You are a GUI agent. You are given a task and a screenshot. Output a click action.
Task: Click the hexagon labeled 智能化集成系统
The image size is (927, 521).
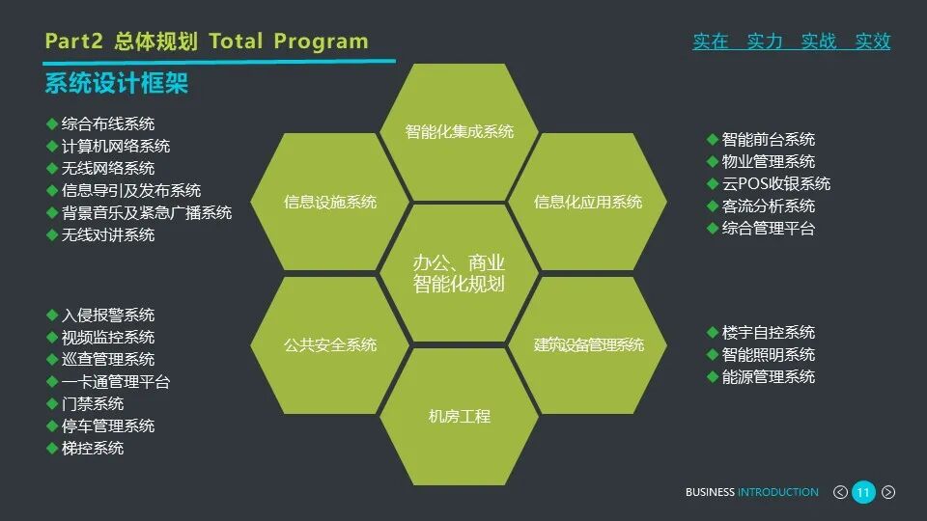click(x=460, y=131)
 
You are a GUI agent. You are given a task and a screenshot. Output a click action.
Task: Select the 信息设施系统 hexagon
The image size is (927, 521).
click(x=330, y=203)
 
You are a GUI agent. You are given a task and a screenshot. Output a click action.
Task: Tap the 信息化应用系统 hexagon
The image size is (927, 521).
click(x=588, y=203)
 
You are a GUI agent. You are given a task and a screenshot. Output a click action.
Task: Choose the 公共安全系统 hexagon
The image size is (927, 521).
click(x=330, y=344)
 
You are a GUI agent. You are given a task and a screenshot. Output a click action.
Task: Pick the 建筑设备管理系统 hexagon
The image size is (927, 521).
click(x=589, y=344)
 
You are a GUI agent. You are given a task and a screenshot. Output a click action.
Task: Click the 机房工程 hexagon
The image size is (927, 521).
click(x=460, y=417)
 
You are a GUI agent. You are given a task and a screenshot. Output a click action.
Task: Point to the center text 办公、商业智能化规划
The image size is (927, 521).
click(x=460, y=273)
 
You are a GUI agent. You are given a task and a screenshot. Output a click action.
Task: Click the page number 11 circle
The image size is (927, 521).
click(x=863, y=492)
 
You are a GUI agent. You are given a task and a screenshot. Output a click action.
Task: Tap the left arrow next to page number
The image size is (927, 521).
click(x=840, y=492)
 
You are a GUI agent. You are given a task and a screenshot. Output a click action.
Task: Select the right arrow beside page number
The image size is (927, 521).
click(x=888, y=492)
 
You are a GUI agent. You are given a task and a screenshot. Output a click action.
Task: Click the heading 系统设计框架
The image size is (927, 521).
click(x=116, y=84)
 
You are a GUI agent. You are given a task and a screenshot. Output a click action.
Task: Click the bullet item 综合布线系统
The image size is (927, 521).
click(x=107, y=123)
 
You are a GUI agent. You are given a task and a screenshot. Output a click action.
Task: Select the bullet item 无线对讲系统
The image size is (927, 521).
click(x=107, y=234)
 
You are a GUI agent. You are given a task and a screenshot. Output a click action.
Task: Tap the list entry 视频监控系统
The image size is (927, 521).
click(x=107, y=337)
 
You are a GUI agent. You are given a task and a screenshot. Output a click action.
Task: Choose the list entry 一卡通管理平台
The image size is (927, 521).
click(x=115, y=381)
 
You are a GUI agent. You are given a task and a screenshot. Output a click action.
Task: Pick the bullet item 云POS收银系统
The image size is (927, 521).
click(x=775, y=183)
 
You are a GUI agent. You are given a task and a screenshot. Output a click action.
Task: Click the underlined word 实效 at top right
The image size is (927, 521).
click(x=873, y=41)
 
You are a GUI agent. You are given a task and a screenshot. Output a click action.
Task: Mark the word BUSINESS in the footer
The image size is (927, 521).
click(x=710, y=492)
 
